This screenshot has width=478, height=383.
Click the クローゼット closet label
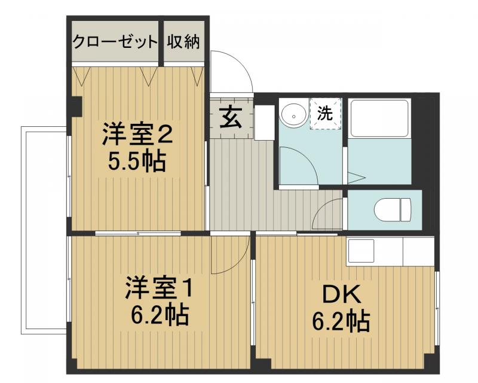(115, 42)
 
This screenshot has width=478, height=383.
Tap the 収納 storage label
(183, 42)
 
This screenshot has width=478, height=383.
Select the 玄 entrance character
(229, 117)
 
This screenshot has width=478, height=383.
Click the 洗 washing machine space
(325, 113)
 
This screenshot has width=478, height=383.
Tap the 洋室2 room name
(137, 135)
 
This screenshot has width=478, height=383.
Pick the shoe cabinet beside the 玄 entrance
(264, 122)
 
